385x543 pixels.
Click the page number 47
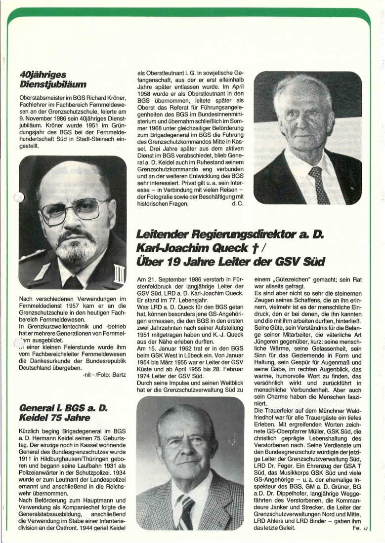[x=366, y=530]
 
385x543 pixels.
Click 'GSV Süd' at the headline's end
[x=301, y=260]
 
